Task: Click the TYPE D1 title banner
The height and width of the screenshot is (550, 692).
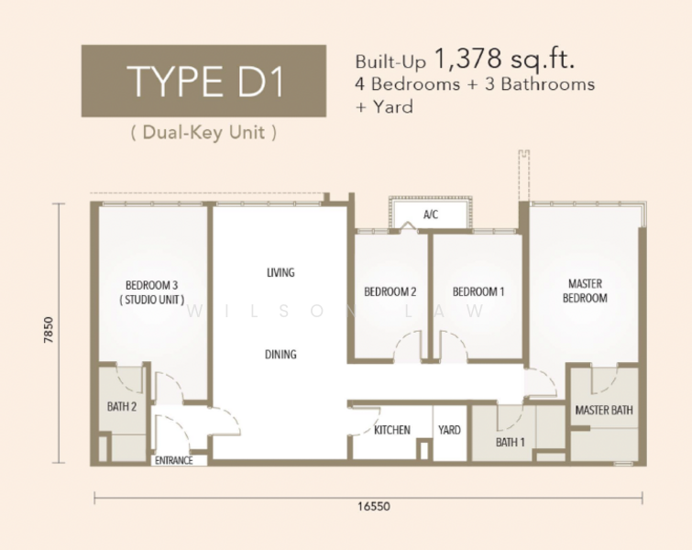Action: point(203,81)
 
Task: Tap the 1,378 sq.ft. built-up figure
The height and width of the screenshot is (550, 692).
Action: point(505,60)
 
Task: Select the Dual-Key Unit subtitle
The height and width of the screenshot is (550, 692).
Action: point(203,132)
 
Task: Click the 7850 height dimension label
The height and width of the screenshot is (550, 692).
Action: point(49,330)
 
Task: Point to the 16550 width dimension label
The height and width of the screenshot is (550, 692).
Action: point(374,506)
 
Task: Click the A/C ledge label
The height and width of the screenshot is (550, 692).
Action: point(431,214)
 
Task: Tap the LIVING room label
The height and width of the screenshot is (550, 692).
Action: point(280,272)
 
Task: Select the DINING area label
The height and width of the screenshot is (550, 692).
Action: point(280,354)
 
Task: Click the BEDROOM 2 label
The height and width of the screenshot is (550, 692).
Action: point(390,291)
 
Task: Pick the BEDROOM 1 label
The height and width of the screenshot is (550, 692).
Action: point(478,291)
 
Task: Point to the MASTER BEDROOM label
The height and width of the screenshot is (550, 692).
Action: point(585,291)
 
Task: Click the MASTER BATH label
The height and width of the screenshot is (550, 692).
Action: point(604,410)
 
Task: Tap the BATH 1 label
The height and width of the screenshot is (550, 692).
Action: point(511,442)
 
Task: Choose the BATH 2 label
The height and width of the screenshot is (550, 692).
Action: point(122,406)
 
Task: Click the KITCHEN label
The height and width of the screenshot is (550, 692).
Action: point(392,430)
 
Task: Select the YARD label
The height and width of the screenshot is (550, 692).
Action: point(449,430)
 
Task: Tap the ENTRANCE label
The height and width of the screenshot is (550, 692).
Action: point(174,460)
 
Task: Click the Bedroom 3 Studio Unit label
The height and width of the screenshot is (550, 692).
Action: point(152,292)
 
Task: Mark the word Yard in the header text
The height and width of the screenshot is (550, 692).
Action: point(393,107)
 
